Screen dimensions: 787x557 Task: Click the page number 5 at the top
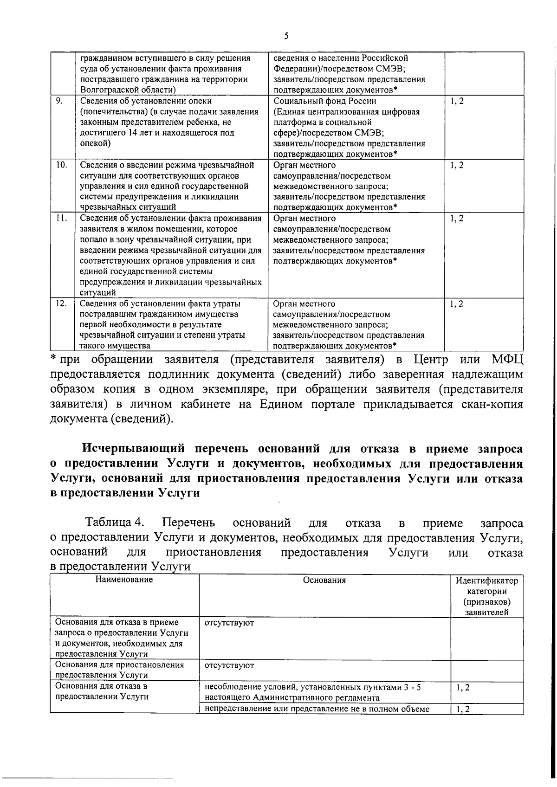click(286, 36)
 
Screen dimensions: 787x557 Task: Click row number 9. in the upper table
click(58, 101)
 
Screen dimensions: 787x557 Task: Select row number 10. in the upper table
click(61, 165)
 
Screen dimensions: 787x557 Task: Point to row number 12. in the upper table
click(61, 303)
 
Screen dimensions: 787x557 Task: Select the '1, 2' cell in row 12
click(457, 304)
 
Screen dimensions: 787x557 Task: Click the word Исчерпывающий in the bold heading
click(134, 449)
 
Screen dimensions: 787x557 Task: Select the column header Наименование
click(124, 580)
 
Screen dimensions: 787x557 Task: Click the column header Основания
click(324, 580)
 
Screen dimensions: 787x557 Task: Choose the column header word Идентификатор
click(487, 581)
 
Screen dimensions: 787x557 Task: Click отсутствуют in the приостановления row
click(229, 665)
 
